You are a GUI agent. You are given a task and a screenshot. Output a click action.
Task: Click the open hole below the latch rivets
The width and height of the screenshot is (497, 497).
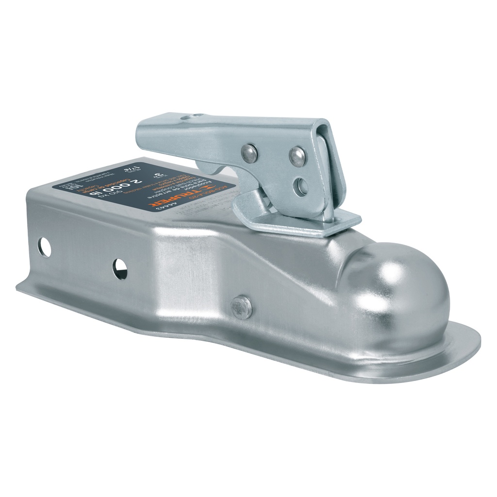[x=301, y=185]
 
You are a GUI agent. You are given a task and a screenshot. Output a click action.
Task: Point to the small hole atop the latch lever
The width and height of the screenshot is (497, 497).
[x=195, y=116]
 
